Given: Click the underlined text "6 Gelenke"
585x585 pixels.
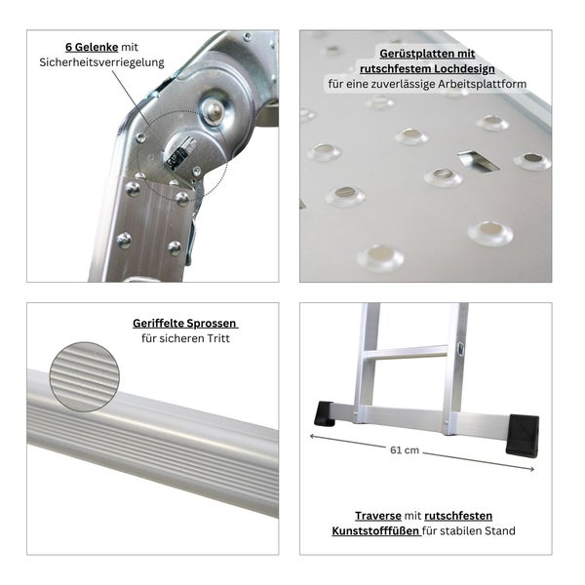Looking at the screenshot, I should [x=91, y=46].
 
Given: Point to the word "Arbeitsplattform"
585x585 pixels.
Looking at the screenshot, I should [x=481, y=85].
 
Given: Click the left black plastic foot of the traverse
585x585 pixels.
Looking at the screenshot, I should [x=327, y=412].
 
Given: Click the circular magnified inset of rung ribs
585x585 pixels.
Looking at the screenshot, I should [x=86, y=375].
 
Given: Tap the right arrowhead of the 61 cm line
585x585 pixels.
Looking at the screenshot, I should [x=532, y=471].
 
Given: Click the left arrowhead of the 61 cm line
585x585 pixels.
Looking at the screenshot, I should [x=312, y=438].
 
